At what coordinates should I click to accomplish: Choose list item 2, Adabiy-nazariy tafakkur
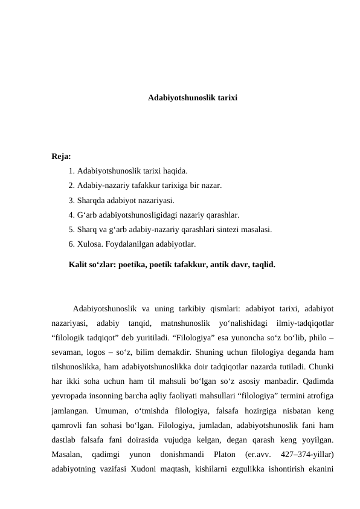tap(145, 186)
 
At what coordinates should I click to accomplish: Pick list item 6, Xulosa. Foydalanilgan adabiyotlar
tap(132, 244)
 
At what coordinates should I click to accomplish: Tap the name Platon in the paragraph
tap(216, 453)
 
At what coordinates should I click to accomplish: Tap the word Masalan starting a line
tap(68, 453)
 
